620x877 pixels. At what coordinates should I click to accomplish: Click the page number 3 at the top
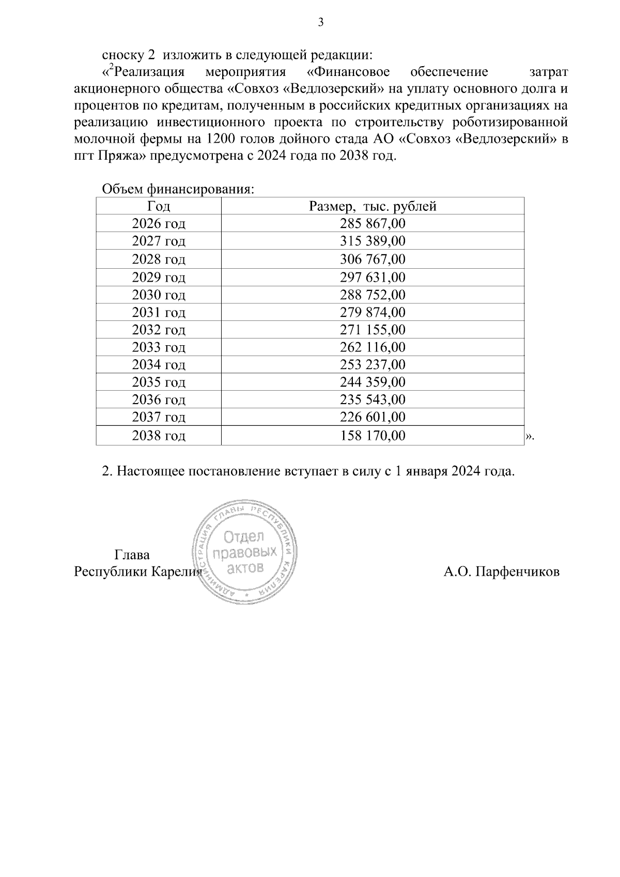pos(320,22)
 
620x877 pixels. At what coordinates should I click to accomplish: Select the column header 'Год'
pos(159,206)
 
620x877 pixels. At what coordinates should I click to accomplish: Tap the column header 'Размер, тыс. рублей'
pos(373,206)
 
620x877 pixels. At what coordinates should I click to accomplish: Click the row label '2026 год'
pos(159,224)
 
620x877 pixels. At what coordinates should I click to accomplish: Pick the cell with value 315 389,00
pos(373,241)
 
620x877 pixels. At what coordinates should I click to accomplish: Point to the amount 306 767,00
pos(373,259)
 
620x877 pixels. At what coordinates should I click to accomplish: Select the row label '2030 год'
pos(159,295)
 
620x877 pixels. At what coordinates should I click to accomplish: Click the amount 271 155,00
pos(373,330)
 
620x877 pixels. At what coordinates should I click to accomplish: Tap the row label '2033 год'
pos(159,347)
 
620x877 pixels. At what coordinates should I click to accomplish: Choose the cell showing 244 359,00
pos(373,382)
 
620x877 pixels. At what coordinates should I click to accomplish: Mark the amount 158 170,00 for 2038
pos(373,436)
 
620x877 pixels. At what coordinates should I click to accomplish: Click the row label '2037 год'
pos(159,417)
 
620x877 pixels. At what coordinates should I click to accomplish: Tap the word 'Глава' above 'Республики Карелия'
pos(132,555)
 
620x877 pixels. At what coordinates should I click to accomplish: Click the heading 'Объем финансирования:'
pos(178,189)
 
